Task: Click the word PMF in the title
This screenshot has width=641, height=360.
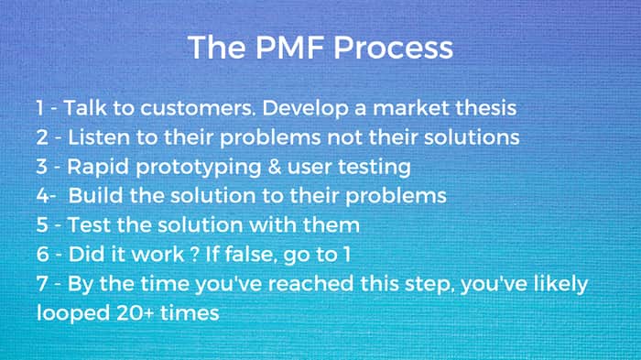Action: point(290,48)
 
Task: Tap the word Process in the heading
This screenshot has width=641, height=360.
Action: point(393,48)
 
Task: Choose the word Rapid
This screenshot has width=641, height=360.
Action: point(98,168)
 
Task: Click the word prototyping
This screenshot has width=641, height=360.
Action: point(199,168)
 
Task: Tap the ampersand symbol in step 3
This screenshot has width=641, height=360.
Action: point(274,167)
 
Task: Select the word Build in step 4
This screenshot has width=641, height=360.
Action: point(95,195)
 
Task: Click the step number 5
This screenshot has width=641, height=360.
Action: point(42,225)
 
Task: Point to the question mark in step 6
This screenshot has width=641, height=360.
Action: point(194,254)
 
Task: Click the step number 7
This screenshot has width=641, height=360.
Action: point(42,283)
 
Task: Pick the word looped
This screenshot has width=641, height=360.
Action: point(73,314)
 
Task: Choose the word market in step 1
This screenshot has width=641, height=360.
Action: point(411,108)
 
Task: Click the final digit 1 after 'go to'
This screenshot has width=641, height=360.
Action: point(347,254)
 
